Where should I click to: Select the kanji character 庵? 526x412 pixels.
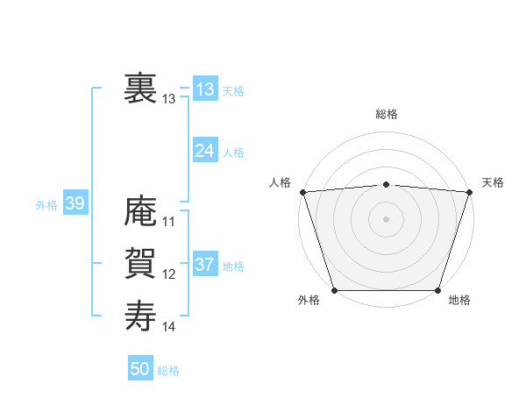[140, 211]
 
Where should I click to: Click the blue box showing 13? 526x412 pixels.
[204, 89]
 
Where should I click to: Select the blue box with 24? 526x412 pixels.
[204, 151]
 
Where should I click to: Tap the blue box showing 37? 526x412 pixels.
[204, 265]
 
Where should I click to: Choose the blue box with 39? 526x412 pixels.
[75, 204]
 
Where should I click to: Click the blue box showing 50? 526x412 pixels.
[139, 369]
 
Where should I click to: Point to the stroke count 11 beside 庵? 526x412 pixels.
[169, 222]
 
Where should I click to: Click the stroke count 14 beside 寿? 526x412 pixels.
[169, 327]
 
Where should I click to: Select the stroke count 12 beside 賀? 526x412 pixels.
[169, 274]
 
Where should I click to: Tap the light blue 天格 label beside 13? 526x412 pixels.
[233, 91]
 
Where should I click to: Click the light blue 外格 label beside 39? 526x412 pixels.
[46, 205]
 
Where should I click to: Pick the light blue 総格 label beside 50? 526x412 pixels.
[168, 371]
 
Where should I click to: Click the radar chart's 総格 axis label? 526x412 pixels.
[386, 115]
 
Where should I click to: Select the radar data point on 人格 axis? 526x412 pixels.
[302, 192]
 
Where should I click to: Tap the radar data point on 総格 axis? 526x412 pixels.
[386, 184]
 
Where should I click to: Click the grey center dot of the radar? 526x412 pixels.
[386, 218]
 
